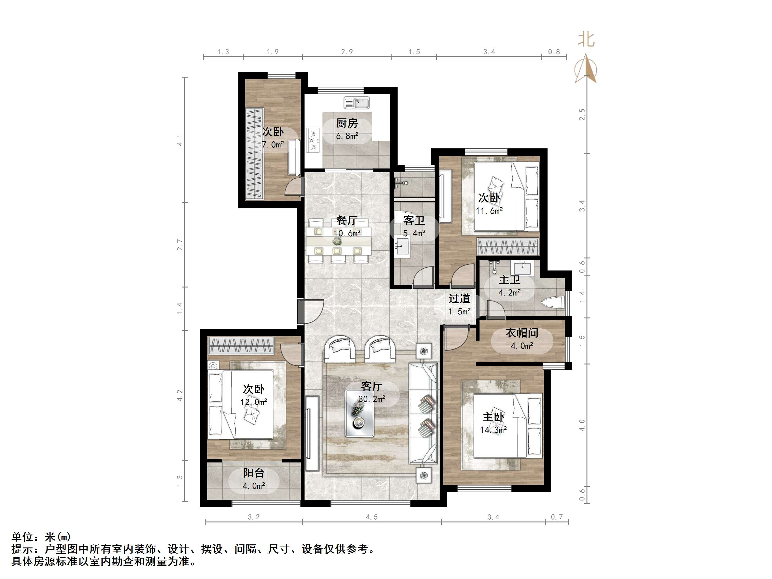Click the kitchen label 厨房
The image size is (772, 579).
pyautogui.click(x=347, y=123)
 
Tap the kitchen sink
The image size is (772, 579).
pyautogui.click(x=356, y=103)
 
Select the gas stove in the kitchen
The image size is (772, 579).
pyautogui.click(x=313, y=140)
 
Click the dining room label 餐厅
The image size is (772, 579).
pyautogui.click(x=347, y=221)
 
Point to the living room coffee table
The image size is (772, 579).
pyautogui.click(x=359, y=413)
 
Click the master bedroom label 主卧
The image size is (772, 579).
pyautogui.click(x=493, y=417)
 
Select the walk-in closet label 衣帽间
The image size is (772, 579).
pyautogui.click(x=522, y=333)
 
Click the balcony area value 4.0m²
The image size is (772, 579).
pyautogui.click(x=254, y=486)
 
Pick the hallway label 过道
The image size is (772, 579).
pyautogui.click(x=459, y=299)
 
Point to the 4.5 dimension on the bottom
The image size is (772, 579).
pyautogui.click(x=372, y=517)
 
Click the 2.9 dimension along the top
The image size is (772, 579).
pyautogui.click(x=347, y=52)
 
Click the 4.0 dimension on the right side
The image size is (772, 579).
pyautogui.click(x=582, y=425)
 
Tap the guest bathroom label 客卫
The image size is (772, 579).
pyautogui.click(x=414, y=221)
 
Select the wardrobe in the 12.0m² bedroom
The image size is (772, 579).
pyautogui.click(x=241, y=346)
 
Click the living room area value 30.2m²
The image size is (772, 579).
pyautogui.click(x=372, y=398)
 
